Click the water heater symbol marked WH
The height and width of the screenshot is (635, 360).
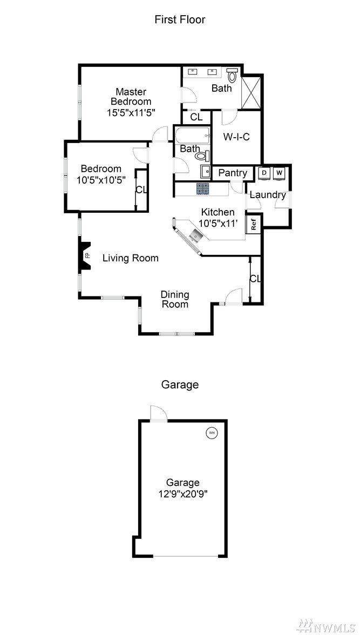212,433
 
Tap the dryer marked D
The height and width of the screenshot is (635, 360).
264,173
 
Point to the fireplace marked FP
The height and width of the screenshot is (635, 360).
85,255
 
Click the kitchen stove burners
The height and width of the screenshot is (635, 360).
203,189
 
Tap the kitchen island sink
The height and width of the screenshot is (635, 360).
196,235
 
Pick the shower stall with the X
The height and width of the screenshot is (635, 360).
250,92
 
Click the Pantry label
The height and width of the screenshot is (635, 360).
233,173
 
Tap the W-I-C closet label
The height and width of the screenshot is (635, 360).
236,137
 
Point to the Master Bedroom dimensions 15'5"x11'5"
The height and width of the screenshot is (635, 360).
131,112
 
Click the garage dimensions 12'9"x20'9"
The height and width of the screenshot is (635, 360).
183,494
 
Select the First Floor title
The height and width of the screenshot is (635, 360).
180,19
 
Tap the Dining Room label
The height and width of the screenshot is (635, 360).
175,299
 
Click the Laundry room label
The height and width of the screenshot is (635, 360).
268,195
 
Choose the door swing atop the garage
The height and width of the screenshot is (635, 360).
158,414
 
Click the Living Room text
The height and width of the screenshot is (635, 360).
131,258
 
